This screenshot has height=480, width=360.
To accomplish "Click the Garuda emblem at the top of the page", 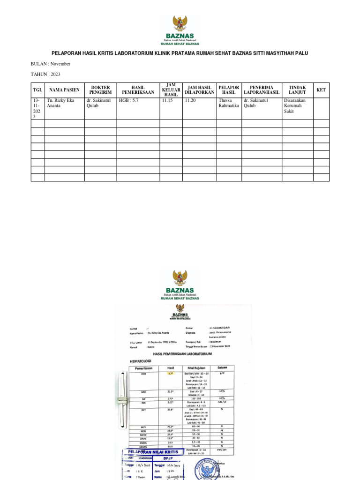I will (x=180, y=23).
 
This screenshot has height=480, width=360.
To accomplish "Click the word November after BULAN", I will (x=60, y=64).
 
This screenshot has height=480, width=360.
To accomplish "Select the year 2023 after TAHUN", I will (x=52, y=74).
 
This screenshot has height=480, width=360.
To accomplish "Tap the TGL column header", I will (x=37, y=90).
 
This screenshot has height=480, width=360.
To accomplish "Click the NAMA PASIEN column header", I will (x=65, y=90).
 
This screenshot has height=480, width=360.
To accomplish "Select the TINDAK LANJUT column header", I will (x=297, y=90).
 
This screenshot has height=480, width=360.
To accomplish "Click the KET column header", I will (x=321, y=90).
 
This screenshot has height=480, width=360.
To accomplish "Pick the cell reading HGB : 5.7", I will (x=129, y=100).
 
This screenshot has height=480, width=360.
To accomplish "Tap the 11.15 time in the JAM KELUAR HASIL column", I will (x=168, y=100).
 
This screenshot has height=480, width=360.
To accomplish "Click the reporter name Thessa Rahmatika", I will (x=229, y=103).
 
